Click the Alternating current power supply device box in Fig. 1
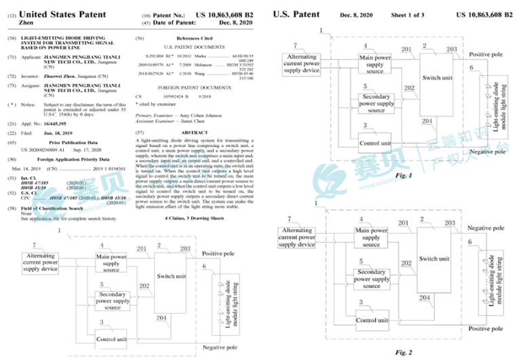coord(301,62)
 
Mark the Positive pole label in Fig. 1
coord(488,54)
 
